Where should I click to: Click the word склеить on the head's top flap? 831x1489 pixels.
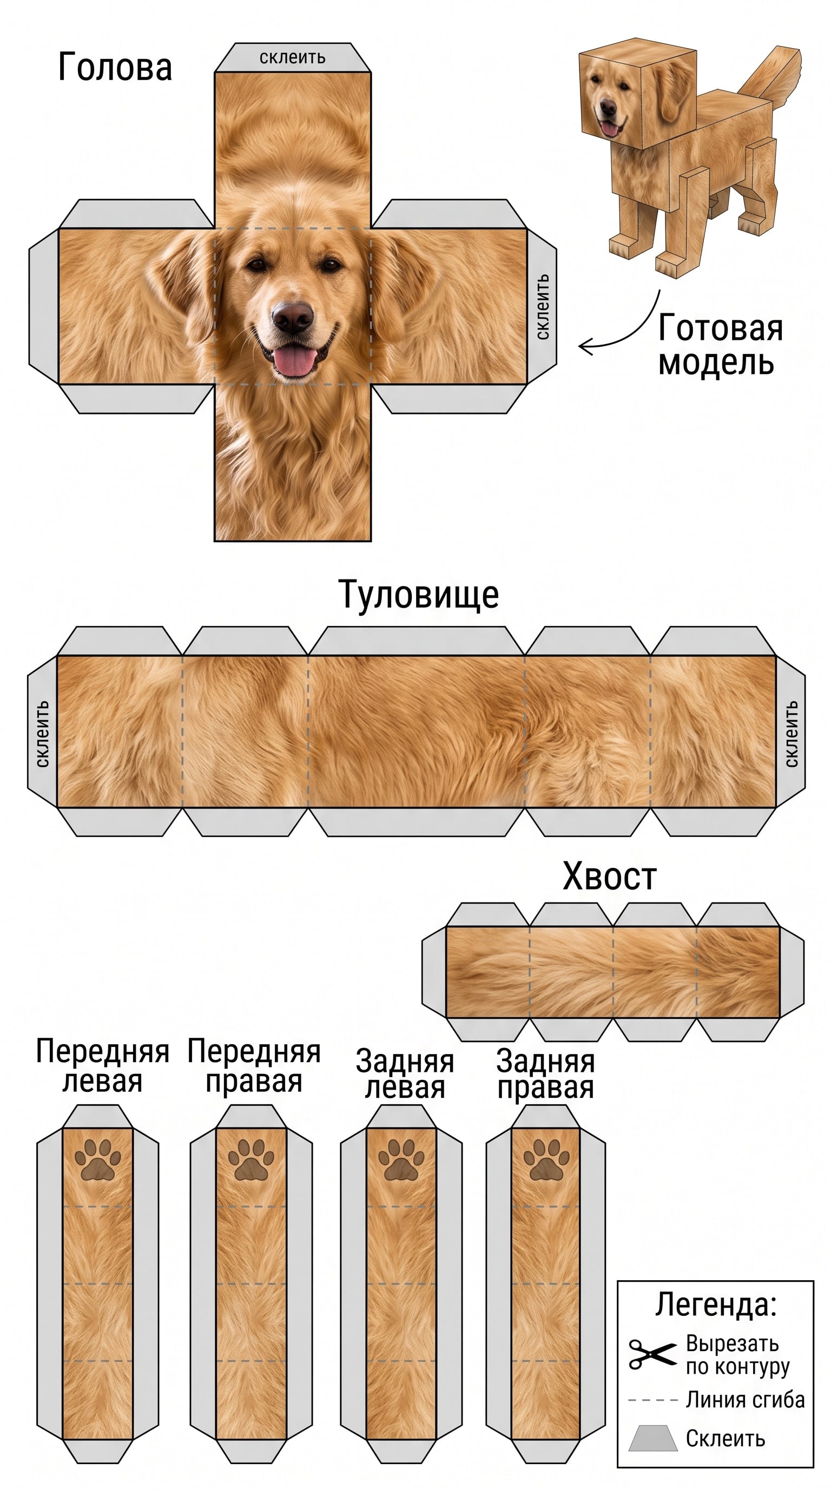pos(292,57)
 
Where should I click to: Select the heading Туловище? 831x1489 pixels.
pos(418,594)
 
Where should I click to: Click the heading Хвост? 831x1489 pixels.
pos(610,876)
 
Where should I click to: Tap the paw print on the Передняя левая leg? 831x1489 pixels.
pos(98,1158)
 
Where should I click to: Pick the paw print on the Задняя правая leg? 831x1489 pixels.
pos(546,1158)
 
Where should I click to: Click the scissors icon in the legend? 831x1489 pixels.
pos(652,1354)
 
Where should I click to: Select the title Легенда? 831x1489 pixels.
pos(715,1304)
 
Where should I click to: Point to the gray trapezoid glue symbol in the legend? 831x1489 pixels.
pos(653,1439)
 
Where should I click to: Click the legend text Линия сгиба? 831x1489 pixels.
pos(745,1399)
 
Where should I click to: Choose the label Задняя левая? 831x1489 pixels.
pos(405,1075)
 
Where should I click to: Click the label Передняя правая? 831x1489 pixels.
pos(254,1066)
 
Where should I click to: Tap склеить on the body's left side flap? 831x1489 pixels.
pos(42,734)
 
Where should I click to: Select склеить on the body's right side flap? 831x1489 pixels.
pos(791,734)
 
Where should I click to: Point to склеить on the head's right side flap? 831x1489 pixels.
pos(542,306)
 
